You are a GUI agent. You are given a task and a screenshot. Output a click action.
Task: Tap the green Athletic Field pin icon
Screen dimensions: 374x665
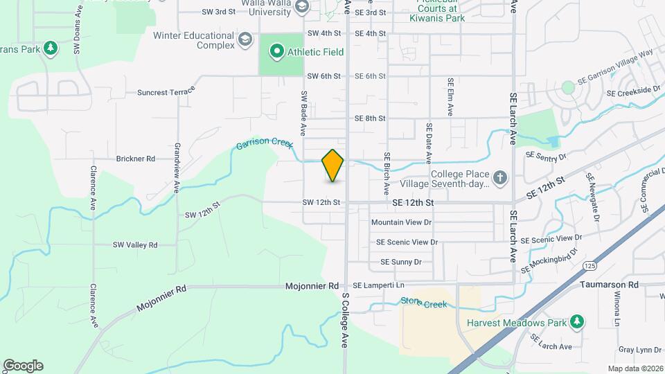276,51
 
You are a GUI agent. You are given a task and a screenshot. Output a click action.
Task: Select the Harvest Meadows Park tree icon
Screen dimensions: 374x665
576,322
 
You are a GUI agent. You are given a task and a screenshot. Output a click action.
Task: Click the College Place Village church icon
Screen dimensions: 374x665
501,179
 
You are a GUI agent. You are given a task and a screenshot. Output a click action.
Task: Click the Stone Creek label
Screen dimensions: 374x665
424,303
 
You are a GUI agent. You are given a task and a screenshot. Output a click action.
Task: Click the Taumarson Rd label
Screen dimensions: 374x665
610,285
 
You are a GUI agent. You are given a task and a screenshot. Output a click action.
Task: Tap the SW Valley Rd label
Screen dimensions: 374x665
135,244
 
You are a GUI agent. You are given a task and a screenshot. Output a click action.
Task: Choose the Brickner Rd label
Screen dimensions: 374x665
136,159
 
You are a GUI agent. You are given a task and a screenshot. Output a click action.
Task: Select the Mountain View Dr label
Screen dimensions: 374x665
401,222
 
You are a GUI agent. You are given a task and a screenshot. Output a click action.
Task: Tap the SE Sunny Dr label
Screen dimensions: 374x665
401,262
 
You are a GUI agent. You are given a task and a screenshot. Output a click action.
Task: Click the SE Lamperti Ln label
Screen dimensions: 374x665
378,285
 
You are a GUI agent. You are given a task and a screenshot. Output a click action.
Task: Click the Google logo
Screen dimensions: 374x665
23,365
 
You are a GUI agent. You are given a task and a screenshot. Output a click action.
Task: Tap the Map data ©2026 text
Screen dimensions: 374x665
635,368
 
